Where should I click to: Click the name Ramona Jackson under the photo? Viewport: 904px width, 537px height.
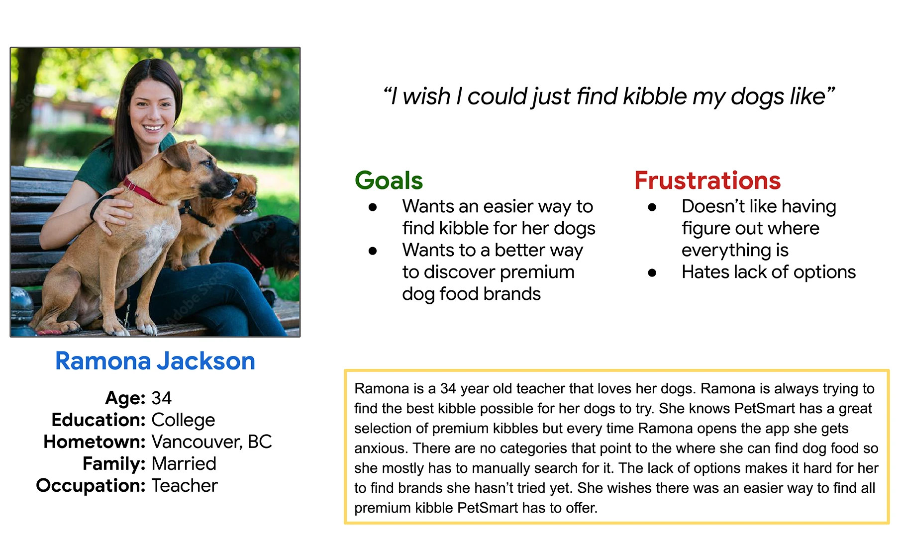[155, 361]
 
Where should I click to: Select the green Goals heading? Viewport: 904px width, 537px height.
[389, 180]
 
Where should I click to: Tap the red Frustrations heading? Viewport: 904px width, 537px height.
[707, 180]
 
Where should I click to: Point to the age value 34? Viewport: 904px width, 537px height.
[161, 398]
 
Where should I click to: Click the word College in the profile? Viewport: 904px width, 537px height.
[183, 420]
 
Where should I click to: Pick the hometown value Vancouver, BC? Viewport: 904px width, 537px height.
[211, 442]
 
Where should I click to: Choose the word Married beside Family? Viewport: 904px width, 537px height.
[184, 463]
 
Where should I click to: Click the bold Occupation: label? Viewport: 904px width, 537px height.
[91, 486]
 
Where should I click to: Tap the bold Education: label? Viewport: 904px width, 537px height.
[99, 420]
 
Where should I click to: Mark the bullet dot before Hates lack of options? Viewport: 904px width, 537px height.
[652, 272]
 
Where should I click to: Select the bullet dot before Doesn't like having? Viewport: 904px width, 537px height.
[652, 207]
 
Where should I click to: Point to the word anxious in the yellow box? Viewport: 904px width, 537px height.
[382, 448]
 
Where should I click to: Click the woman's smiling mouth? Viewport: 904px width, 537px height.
[153, 128]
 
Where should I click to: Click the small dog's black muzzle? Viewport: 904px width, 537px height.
[250, 202]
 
